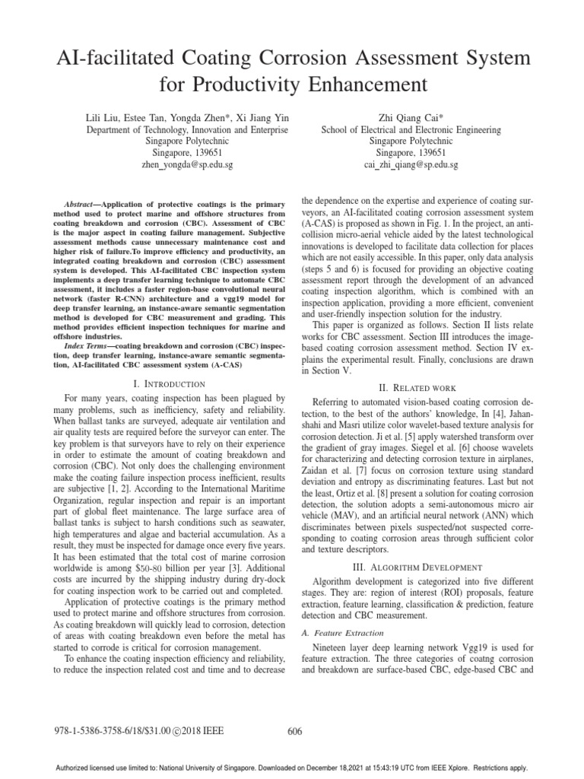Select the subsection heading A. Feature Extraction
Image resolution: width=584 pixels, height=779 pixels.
click(343, 632)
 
